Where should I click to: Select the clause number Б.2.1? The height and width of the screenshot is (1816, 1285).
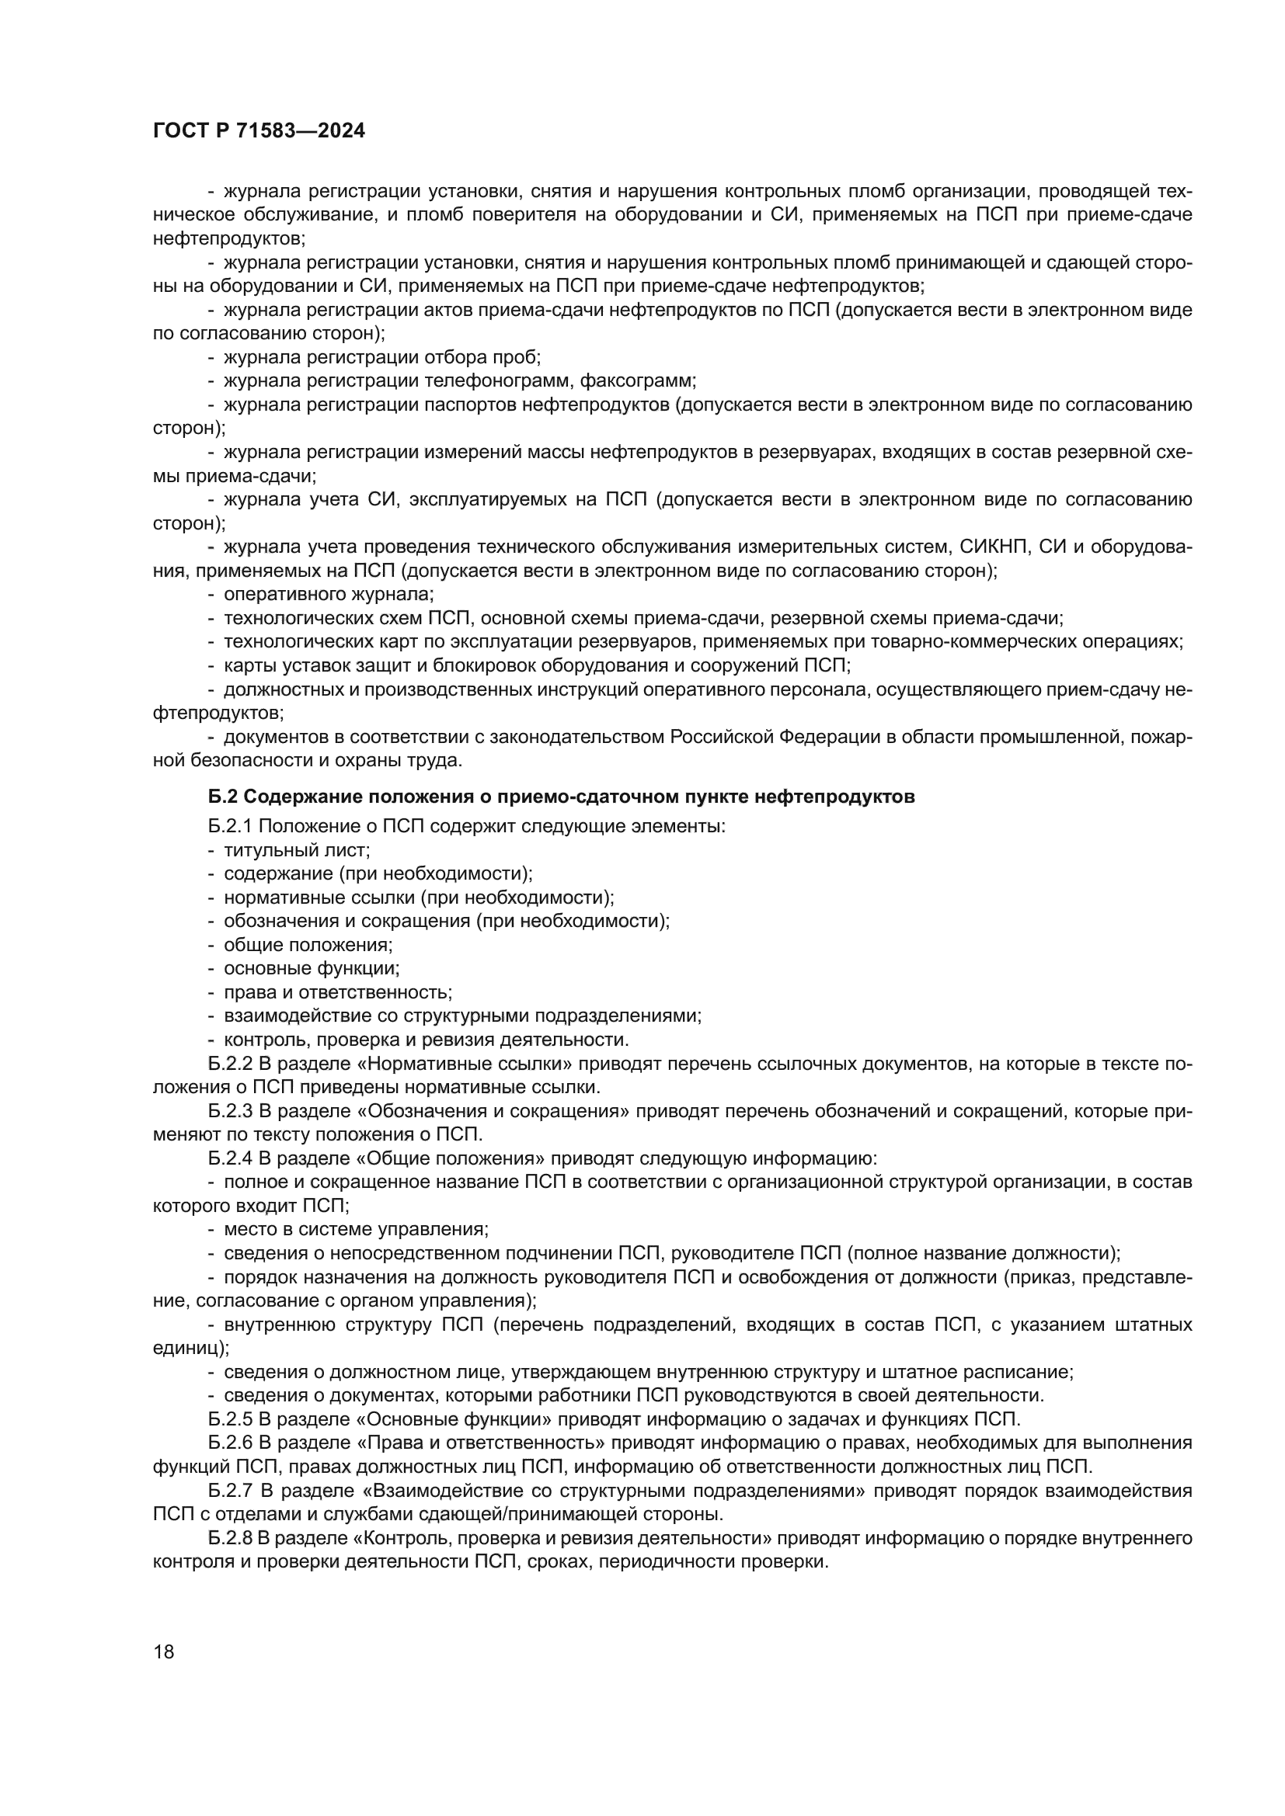[229, 827]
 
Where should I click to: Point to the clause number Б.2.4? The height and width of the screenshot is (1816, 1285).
[229, 1158]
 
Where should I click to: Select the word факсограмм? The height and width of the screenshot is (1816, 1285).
[637, 381]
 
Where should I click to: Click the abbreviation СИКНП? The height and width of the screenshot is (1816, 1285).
[992, 547]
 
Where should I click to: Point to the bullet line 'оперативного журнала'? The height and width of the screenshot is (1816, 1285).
[329, 594]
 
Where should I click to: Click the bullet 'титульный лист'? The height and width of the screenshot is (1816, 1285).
[297, 850]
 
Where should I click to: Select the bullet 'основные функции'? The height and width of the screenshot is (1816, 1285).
[311, 969]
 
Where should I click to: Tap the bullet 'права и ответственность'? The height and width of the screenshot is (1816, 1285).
[338, 993]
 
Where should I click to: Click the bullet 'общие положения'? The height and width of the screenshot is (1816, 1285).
[308, 945]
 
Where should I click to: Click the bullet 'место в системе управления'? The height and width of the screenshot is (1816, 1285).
[356, 1230]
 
